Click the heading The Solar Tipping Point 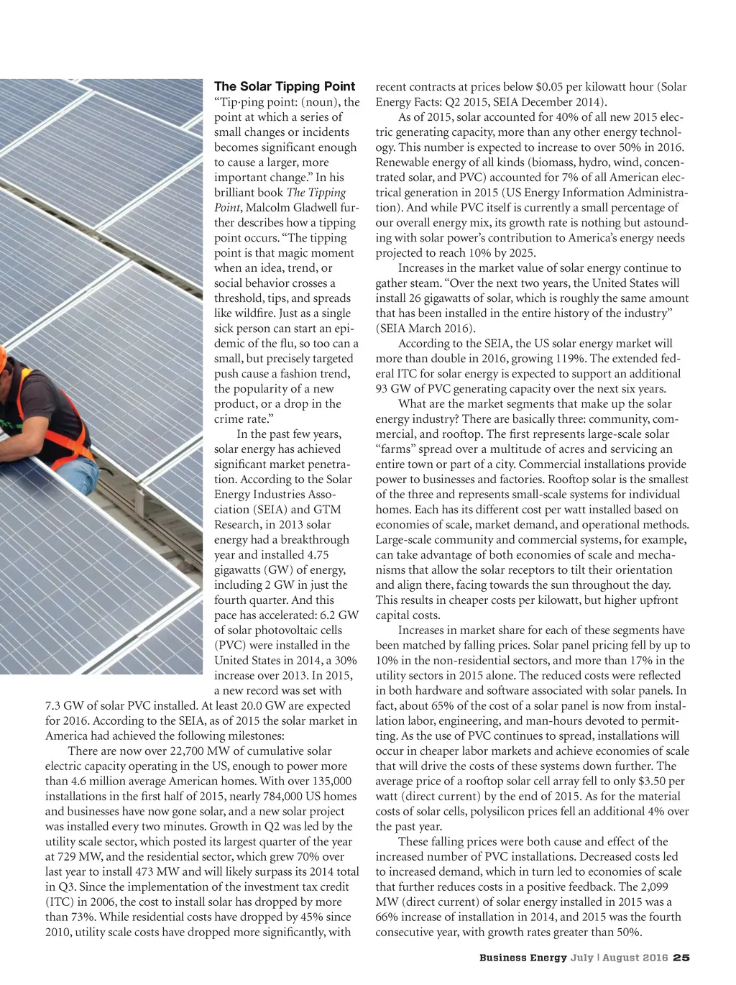click(285, 87)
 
